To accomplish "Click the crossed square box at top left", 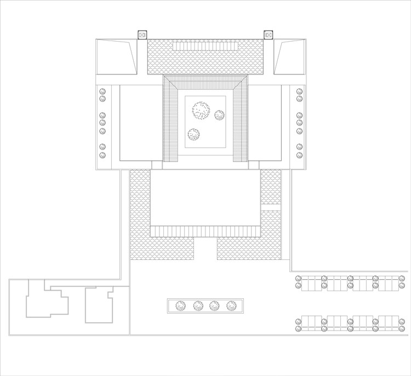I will pyautogui.click(x=142, y=35).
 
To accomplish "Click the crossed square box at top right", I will pyautogui.click(x=269, y=35).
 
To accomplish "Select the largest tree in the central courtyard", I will pyautogui.click(x=201, y=111).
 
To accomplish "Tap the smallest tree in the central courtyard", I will pyautogui.click(x=219, y=115).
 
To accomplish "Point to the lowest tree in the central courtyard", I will pyautogui.click(x=194, y=134).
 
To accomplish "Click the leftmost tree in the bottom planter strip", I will pyautogui.click(x=180, y=306).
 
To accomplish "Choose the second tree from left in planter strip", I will pyautogui.click(x=197, y=306).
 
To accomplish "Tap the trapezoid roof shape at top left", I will pyautogui.click(x=116, y=57).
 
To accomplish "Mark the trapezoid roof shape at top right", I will pyautogui.click(x=290, y=57).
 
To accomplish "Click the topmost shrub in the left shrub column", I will pyautogui.click(x=102, y=91).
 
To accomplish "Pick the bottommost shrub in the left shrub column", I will pyautogui.click(x=102, y=155).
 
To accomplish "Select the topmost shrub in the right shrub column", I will pyautogui.click(x=299, y=91).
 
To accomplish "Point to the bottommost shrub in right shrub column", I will pyautogui.click(x=299, y=155).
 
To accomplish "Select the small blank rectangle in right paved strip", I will pyautogui.click(x=270, y=207).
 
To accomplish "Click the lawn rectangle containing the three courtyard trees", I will pyautogui.click(x=206, y=122).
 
